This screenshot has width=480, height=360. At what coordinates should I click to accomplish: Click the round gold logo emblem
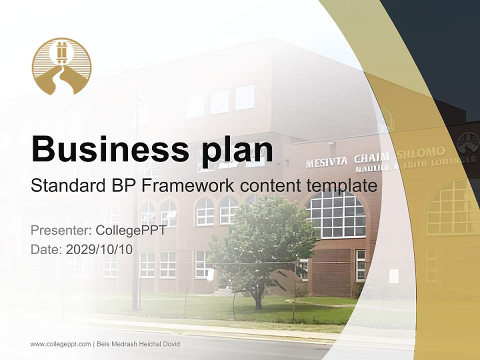pyautogui.click(x=61, y=66)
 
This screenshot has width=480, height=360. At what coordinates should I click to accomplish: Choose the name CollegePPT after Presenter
pyautogui.click(x=130, y=231)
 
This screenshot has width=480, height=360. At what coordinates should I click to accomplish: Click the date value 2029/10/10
pyautogui.click(x=99, y=249)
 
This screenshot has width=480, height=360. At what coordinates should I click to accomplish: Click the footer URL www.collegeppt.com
pyautogui.click(x=60, y=344)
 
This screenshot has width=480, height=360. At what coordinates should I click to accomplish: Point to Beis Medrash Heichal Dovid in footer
pyautogui.click(x=137, y=344)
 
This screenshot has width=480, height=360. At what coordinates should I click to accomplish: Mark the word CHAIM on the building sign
pyautogui.click(x=371, y=158)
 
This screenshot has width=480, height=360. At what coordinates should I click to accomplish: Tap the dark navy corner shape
pyautogui.click(x=440, y=40)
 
